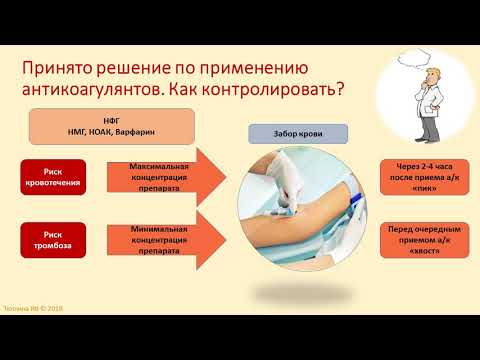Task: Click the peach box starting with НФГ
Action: (x=123, y=128)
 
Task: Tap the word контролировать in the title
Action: (x=280, y=88)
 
